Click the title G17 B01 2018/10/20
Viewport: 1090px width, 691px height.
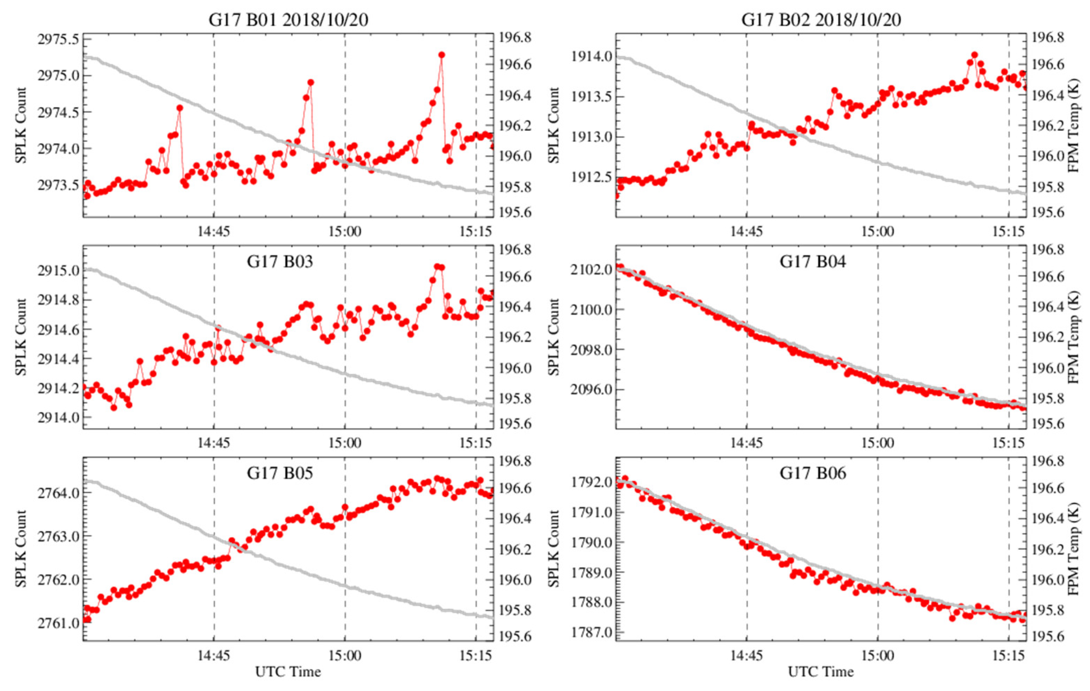288,20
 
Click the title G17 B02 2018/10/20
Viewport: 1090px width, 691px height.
821,20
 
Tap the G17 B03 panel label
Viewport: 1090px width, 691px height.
280,261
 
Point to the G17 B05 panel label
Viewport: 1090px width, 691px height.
280,473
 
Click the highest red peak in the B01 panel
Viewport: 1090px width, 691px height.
441,55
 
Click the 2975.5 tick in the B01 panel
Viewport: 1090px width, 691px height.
58,39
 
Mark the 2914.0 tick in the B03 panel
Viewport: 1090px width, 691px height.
58,417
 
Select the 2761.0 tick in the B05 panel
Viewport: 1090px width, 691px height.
58,623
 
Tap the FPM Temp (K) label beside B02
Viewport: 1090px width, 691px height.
1074,125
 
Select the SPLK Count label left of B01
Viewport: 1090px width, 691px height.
21,125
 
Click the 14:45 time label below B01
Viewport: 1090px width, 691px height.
214,232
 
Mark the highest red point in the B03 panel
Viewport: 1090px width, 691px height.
437,267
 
